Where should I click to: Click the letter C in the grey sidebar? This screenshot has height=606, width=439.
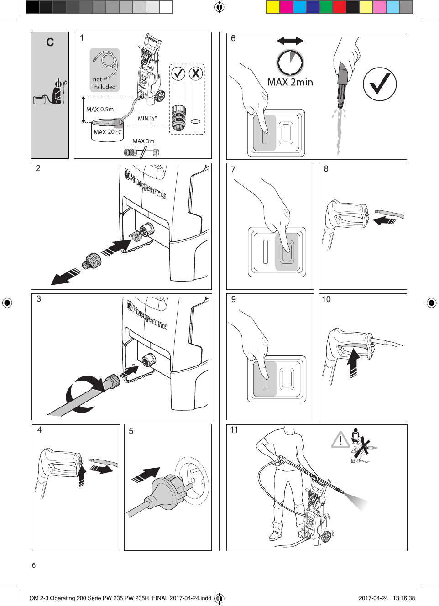[x=50, y=42]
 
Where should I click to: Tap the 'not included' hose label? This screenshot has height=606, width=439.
[x=104, y=83]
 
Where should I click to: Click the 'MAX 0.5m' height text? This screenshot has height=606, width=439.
[x=100, y=110]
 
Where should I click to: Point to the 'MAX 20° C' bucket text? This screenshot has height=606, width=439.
[x=108, y=132]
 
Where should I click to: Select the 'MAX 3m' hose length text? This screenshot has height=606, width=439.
[x=143, y=141]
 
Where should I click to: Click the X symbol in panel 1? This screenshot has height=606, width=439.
[x=196, y=73]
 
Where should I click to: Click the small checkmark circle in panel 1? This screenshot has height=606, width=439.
[x=178, y=73]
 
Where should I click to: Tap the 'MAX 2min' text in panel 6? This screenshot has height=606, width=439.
[x=290, y=83]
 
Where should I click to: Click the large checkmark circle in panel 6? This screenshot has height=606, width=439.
[x=379, y=84]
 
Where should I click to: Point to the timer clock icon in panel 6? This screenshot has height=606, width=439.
[x=290, y=62]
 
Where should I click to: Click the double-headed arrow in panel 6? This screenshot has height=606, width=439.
[x=290, y=41]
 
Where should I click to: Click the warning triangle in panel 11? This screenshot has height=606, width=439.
[x=340, y=440]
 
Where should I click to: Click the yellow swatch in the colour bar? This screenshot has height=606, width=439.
[x=272, y=7]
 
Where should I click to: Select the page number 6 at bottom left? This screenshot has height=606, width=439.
[x=34, y=565]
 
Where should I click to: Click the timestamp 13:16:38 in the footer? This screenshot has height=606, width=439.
[x=403, y=598]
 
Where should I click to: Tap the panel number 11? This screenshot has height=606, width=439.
[x=234, y=430]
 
